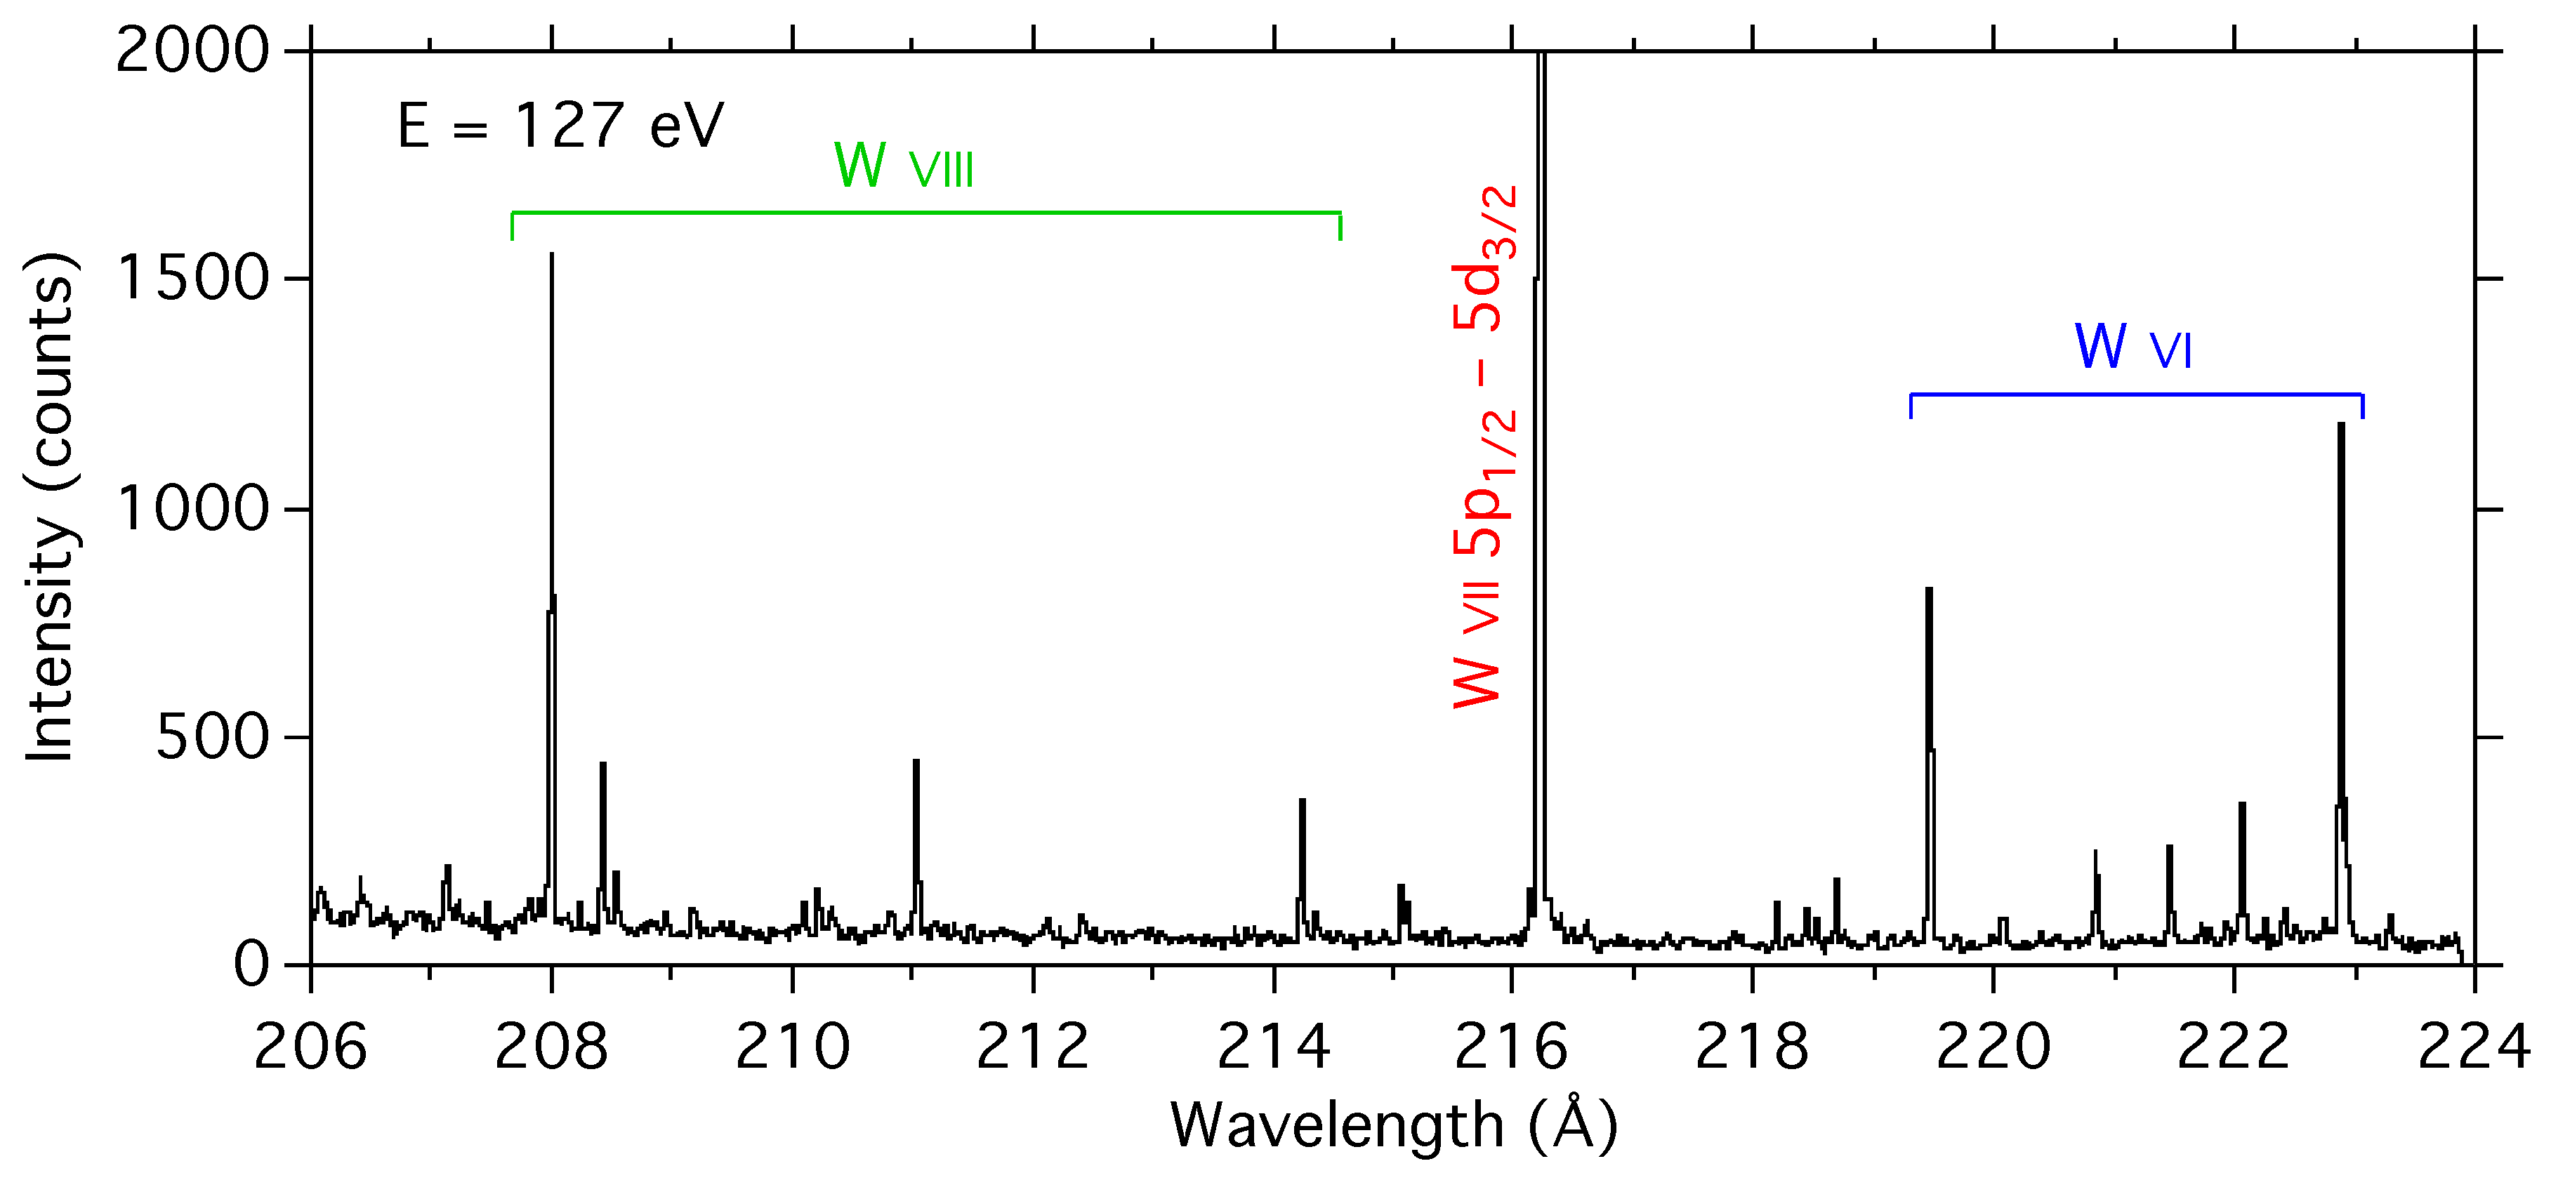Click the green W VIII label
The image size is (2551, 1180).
pyautogui.click(x=903, y=166)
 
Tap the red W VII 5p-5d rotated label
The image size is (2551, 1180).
pyautogui.click(x=1482, y=446)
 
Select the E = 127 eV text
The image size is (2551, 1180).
pyautogui.click(x=560, y=127)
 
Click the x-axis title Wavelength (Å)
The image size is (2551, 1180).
pyautogui.click(x=1393, y=1125)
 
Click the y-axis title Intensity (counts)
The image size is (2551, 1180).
pyautogui.click(x=50, y=507)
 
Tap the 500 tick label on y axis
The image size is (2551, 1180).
pyautogui.click(x=212, y=738)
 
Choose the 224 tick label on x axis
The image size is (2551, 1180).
pyautogui.click(x=2474, y=1047)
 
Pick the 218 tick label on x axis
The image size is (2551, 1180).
pyautogui.click(x=1752, y=1047)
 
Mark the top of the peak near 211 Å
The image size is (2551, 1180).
pyautogui.click(x=916, y=761)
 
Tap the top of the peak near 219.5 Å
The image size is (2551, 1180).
pyautogui.click(x=1929, y=590)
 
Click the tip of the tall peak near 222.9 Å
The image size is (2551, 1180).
pyautogui.click(x=2341, y=425)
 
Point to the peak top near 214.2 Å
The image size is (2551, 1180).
pyautogui.click(x=1303, y=800)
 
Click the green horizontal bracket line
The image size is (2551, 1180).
pyautogui.click(x=926, y=213)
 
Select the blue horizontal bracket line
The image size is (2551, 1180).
pyautogui.click(x=2136, y=395)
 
